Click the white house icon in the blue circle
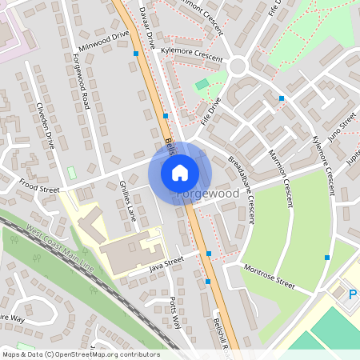[x=180, y=172]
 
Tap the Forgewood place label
[x=207, y=194]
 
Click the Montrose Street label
[x=269, y=278]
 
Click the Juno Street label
[x=342, y=126]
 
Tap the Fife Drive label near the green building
[x=209, y=109]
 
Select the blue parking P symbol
[x=353, y=295]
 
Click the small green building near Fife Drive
[x=202, y=83]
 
